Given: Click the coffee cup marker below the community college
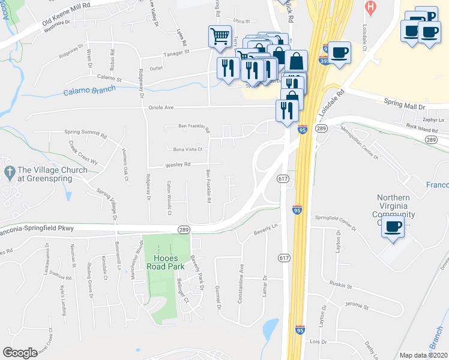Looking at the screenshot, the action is tap(393, 228).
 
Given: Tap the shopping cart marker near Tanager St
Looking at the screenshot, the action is tap(219, 37).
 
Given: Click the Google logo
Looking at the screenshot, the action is tap(20, 353).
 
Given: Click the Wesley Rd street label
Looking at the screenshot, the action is tap(178, 164).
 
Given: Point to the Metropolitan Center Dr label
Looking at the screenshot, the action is tap(359, 145).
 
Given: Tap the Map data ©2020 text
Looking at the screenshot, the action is tap(423, 355).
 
